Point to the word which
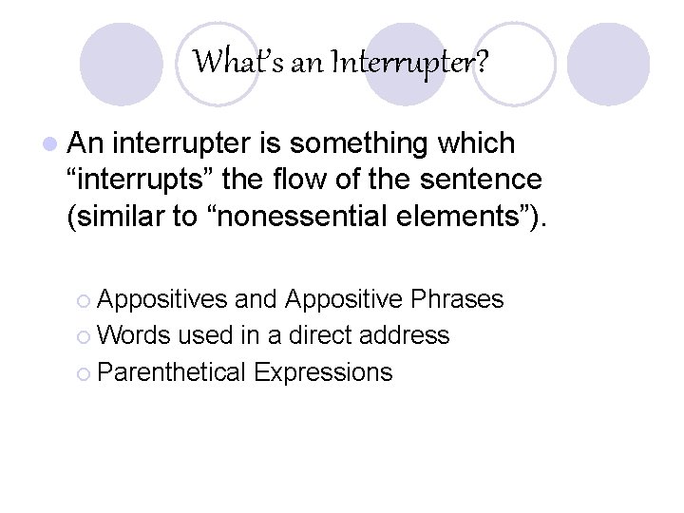[x=483, y=143]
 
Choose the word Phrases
[x=457, y=300]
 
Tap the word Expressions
[x=324, y=372]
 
